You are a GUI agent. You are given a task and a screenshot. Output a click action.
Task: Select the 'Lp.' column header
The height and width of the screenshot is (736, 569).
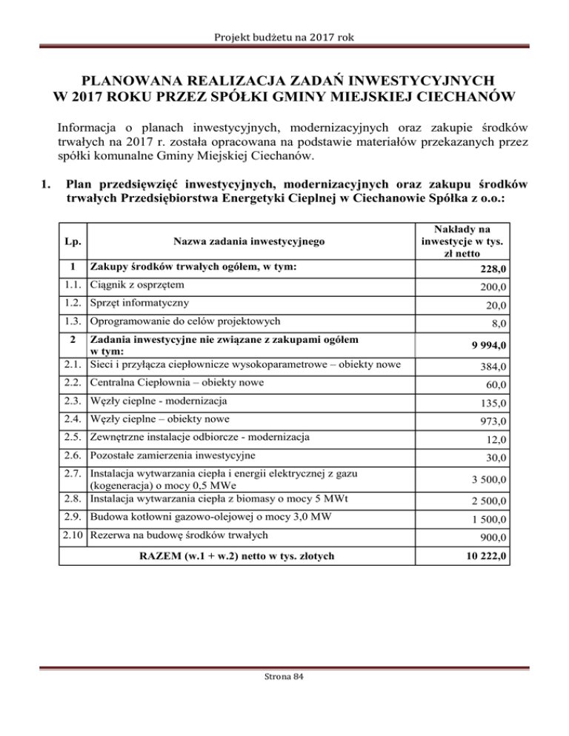[x=72, y=241]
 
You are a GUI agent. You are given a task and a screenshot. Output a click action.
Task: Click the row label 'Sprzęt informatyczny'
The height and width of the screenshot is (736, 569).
[x=139, y=303]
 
